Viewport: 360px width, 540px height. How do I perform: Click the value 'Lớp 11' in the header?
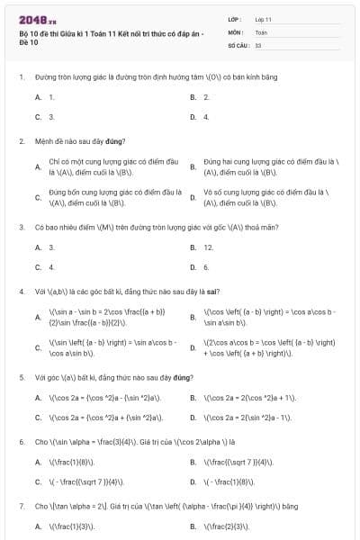263,19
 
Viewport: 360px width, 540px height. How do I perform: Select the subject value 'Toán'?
261,31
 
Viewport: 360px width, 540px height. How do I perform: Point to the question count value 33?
258,44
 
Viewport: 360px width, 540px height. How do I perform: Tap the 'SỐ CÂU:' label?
238,44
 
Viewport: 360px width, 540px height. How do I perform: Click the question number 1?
21,77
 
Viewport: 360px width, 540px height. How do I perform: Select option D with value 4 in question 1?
206,117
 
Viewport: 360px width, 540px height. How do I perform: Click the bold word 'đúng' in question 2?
118,141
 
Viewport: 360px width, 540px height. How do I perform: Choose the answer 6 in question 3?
206,267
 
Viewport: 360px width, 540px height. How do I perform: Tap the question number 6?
21,442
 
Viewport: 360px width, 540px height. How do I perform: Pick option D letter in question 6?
193,481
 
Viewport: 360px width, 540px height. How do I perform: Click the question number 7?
21,507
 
